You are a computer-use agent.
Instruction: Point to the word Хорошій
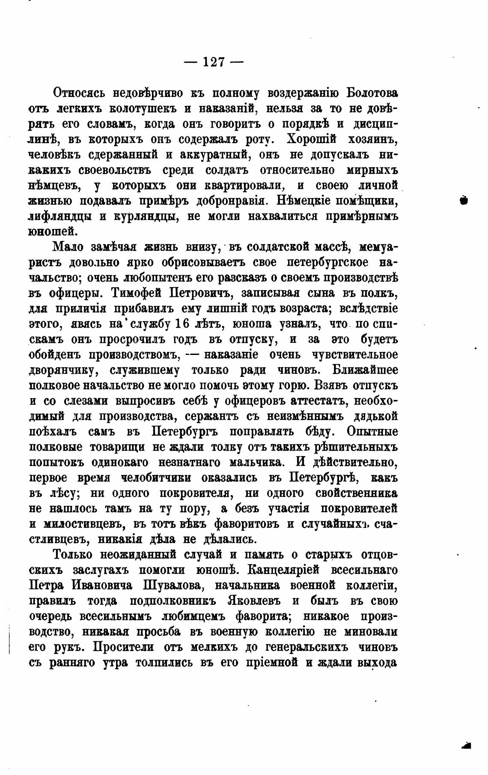coord(311,139)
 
